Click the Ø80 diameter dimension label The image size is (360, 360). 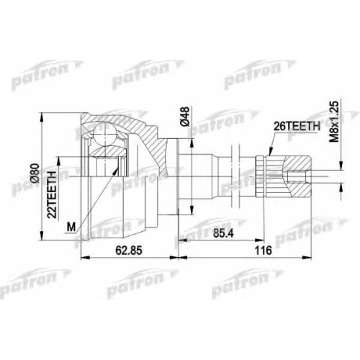coord(35,173)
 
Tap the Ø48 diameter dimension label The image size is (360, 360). coord(185,117)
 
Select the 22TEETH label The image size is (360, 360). coord(52,194)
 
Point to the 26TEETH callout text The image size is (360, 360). coord(297,126)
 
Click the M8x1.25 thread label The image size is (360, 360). coord(334,122)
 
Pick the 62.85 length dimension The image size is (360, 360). coord(129,251)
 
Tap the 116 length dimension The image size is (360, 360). coord(264,251)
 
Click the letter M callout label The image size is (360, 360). coord(71,227)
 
